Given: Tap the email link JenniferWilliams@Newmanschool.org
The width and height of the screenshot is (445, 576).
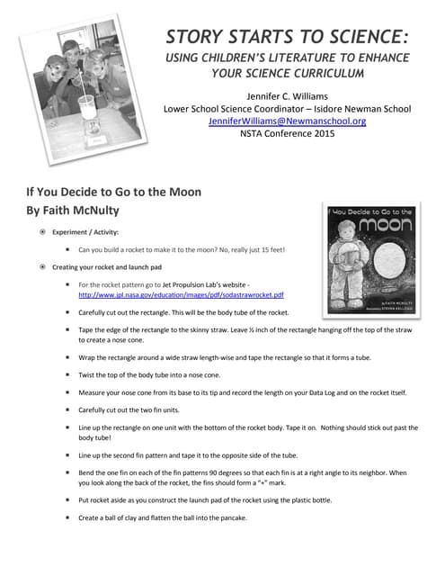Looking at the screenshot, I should (x=286, y=121).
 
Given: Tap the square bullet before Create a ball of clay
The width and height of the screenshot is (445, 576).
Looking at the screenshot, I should (x=68, y=517).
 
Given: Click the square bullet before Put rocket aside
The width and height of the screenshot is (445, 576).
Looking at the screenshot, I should (x=68, y=498).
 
